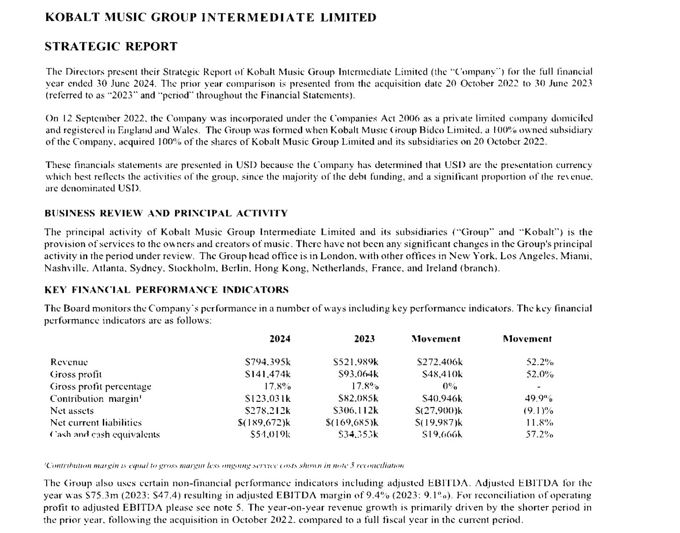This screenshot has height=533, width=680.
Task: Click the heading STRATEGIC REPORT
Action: coord(111,47)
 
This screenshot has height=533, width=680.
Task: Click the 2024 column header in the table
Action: coord(280,339)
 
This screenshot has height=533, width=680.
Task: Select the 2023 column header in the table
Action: coord(364,339)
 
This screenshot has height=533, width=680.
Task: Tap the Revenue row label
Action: coord(69,362)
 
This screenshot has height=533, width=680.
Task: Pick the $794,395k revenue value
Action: coord(268,362)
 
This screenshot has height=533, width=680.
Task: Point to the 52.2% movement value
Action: coord(539,362)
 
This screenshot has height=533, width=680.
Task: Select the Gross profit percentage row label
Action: coord(100,386)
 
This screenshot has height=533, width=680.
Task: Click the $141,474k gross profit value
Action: coord(268,374)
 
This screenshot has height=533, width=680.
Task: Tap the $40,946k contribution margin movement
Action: coord(442,399)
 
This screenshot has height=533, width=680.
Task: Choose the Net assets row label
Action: coord(71,411)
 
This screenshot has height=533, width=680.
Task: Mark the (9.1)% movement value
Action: coord(538,411)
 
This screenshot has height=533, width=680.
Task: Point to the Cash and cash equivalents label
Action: coord(105,435)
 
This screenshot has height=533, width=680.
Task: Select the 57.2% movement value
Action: coord(539,435)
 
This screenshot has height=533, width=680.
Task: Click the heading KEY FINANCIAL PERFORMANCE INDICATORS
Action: coord(166,290)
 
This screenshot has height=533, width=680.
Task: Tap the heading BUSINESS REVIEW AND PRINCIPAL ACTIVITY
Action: coord(166,213)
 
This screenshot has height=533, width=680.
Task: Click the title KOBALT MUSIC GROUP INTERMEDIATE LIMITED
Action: coord(210,18)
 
